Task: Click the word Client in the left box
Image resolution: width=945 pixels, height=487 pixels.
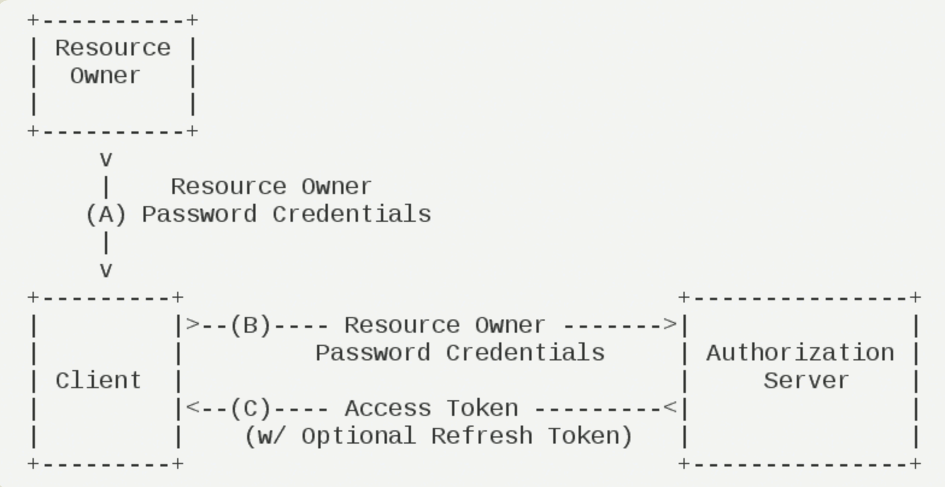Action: coord(98,381)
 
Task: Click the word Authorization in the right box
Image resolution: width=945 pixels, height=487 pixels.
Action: coord(800,353)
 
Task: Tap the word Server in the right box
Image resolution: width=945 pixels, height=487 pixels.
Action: coord(806,381)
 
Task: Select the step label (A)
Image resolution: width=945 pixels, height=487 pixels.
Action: coord(106,215)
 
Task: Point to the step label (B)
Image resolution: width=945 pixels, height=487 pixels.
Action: coord(251,325)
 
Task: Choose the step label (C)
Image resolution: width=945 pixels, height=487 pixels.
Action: coord(251,409)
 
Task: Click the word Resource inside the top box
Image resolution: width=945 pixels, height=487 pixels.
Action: coord(113,48)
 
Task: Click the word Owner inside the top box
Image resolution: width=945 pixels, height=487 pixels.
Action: coord(105,76)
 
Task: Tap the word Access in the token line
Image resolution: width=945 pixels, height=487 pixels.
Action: coord(388,409)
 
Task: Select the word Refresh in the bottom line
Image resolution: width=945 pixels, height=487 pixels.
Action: coord(482,436)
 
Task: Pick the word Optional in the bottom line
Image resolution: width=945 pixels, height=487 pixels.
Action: coord(359,436)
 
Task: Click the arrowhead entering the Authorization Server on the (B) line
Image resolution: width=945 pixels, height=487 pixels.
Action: coord(670,324)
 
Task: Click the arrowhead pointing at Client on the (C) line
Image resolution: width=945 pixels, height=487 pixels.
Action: coord(193,407)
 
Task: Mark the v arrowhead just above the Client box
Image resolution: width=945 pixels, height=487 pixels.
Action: coord(106,271)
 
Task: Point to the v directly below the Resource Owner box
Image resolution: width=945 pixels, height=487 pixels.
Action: coord(106,160)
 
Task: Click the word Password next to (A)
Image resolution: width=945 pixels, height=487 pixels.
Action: coord(199,215)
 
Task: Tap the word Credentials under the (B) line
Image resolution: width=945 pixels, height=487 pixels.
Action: coord(526,353)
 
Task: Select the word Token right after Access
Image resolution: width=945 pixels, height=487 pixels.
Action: coord(482,409)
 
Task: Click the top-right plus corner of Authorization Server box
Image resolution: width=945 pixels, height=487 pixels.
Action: coord(915,298)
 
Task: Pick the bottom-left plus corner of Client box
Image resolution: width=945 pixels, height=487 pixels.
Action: coord(33,463)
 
